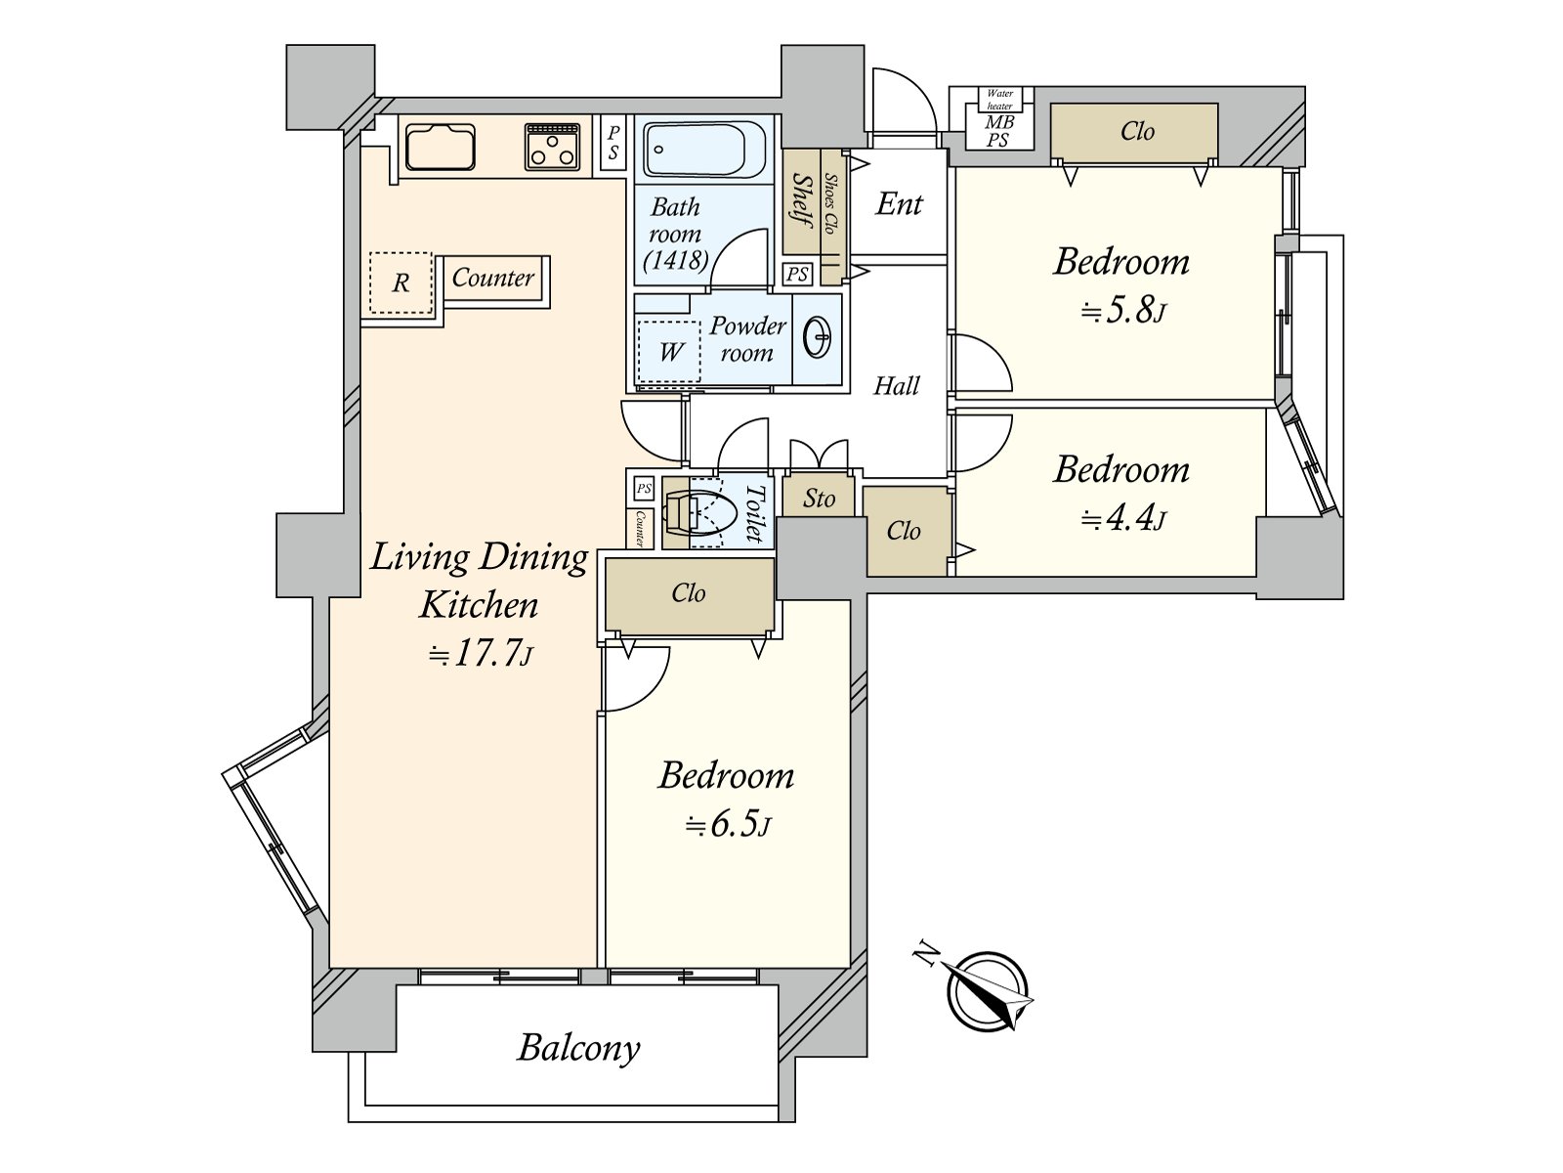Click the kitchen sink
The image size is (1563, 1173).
pyautogui.click(x=440, y=147)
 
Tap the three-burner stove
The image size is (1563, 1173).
pyautogui.click(x=552, y=147)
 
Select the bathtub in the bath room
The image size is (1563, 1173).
pyautogui.click(x=704, y=149)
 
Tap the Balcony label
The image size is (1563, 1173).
pyautogui.click(x=578, y=1049)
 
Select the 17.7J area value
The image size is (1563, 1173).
pyautogui.click(x=481, y=653)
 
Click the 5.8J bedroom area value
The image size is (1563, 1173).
pyautogui.click(x=1123, y=312)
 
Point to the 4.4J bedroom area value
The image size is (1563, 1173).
pyautogui.click(x=1123, y=520)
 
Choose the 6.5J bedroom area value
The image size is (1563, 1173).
pyautogui.click(x=728, y=826)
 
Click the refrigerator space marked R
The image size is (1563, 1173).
pyautogui.click(x=401, y=282)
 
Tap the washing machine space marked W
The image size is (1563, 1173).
pyautogui.click(x=669, y=352)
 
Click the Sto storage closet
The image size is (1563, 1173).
pyautogui.click(x=819, y=498)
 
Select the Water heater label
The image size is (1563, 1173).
pyautogui.click(x=999, y=99)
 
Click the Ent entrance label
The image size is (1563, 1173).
pyautogui.click(x=900, y=204)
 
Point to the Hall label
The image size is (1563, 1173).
pyautogui.click(x=897, y=386)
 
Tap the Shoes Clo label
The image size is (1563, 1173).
pyautogui.click(x=829, y=203)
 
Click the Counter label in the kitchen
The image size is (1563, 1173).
pyautogui.click(x=492, y=277)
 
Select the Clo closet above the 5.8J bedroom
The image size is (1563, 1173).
pyautogui.click(x=1134, y=133)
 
